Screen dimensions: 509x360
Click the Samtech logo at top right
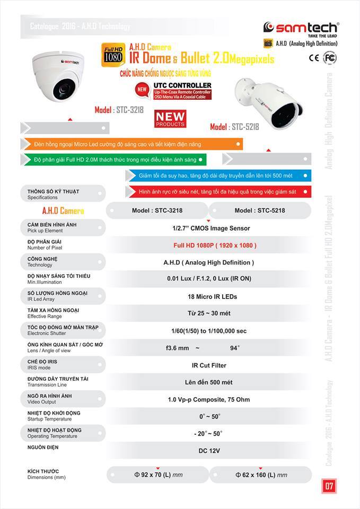point(301,28)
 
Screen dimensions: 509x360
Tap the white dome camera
point(62,75)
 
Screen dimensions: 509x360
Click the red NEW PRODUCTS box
point(170,119)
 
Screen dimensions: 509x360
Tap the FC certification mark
point(330,58)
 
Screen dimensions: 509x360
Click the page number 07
point(329,485)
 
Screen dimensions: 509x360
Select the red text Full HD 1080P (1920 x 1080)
point(215,245)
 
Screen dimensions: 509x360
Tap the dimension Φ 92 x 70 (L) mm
point(157,475)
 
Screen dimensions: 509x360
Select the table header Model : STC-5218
point(260,210)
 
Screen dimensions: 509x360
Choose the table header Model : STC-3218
point(157,210)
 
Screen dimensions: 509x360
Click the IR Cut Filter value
point(209,365)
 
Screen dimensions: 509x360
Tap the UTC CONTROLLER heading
point(182,85)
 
